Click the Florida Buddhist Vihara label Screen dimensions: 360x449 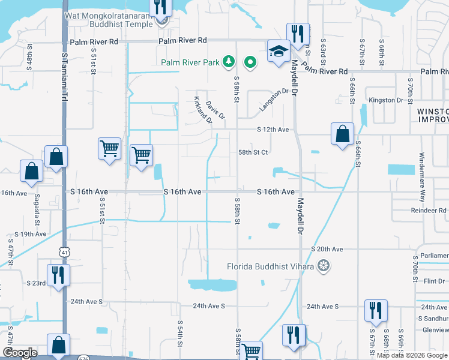[x=272, y=266]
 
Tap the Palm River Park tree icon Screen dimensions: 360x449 [x=228, y=61]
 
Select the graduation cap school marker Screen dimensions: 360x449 [x=278, y=52]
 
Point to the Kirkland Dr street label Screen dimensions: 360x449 [x=203, y=109]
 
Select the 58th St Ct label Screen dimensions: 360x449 [x=253, y=152]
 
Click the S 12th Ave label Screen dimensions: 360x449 [x=273, y=130]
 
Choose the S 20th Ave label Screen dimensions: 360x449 [x=327, y=249]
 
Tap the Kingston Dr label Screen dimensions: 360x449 [x=385, y=100]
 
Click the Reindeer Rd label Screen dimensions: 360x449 [x=429, y=211]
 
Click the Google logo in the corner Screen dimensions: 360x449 [x=20, y=353]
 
